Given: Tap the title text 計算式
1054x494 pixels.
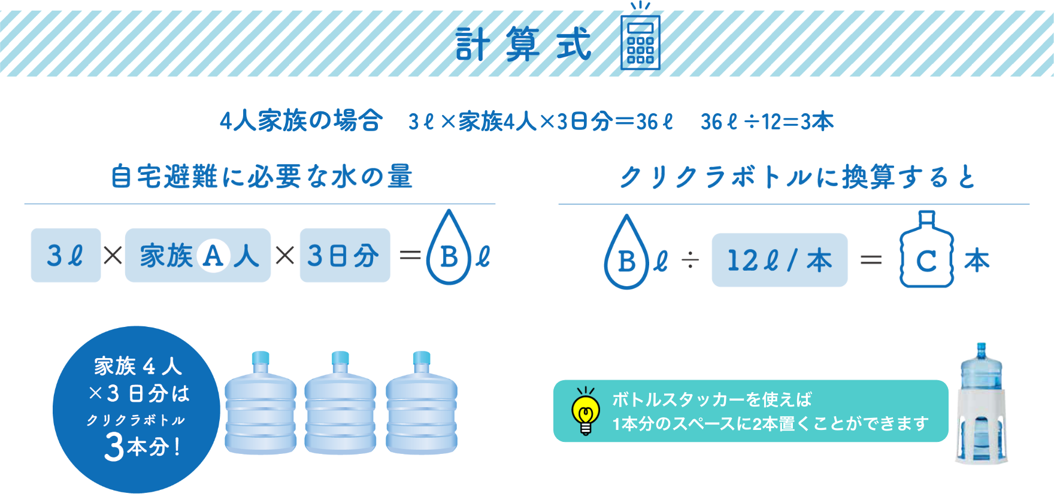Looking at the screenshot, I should [x=523, y=44].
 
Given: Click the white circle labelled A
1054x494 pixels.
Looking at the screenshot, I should [x=213, y=256].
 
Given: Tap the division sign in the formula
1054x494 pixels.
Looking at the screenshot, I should [x=690, y=260].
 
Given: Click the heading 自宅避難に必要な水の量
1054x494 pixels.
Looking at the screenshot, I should [x=262, y=177].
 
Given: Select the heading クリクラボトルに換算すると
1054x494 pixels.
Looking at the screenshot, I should [x=797, y=177].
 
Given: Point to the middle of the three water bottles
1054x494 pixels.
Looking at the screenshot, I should [x=340, y=404].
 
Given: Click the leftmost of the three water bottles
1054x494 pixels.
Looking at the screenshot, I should [x=261, y=404].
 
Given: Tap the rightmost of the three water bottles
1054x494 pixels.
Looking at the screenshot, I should [x=421, y=404].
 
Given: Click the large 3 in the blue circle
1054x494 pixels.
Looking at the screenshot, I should [x=114, y=446].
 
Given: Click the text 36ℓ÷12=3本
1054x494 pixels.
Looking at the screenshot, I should [x=767, y=122].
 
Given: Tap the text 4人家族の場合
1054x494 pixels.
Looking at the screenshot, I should [x=301, y=122].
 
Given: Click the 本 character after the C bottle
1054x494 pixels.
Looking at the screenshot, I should [x=977, y=260].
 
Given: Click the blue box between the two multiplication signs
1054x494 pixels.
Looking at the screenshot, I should [x=198, y=255].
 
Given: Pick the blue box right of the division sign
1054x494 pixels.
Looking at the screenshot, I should [x=780, y=260].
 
